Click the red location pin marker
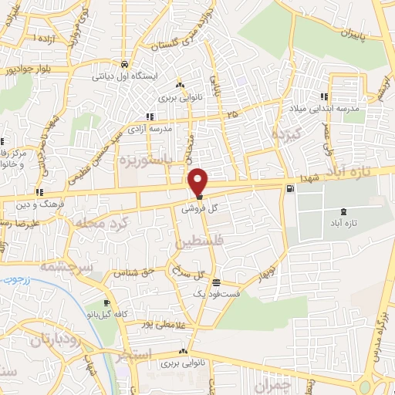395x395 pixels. click(x=199, y=182)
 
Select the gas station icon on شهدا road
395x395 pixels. click(x=289, y=187)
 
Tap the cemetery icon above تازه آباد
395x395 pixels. click(x=343, y=210)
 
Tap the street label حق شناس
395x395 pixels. click(x=131, y=272)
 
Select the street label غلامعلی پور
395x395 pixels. click(x=166, y=324)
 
